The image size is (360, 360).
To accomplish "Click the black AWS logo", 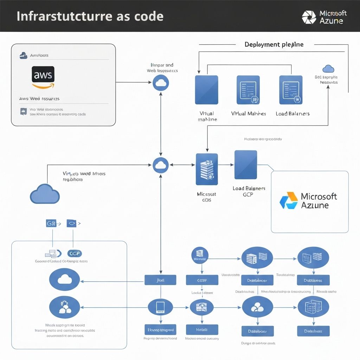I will click(43, 75).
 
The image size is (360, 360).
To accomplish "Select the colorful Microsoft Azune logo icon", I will click(288, 200).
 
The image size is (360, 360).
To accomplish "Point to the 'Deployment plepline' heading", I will click(274, 45).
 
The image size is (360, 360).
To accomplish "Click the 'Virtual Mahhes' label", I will click(249, 114).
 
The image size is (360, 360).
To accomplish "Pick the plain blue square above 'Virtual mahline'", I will click(206, 90).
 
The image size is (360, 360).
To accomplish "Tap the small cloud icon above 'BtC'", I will click(328, 69).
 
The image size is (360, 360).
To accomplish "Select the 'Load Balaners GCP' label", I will click(249, 191).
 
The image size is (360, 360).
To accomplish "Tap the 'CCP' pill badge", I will click(74, 253).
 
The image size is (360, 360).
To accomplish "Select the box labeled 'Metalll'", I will click(202, 329).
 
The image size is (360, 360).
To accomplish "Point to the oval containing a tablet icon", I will click(160, 307).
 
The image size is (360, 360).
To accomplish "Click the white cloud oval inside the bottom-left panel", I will click(65, 279).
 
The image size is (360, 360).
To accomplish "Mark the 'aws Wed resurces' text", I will click(39, 99).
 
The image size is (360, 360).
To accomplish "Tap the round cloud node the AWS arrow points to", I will click(161, 83).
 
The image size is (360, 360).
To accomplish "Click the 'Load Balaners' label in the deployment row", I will click(292, 114).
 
